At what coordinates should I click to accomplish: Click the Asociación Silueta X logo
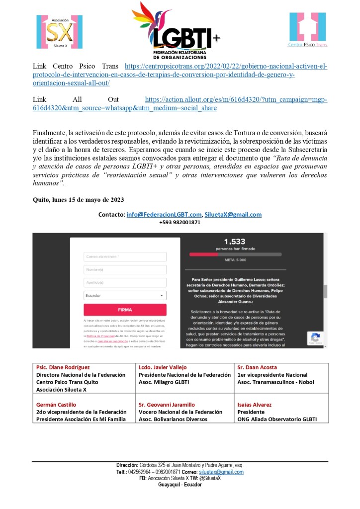click(59, 31)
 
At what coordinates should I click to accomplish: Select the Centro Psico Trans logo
click(308, 30)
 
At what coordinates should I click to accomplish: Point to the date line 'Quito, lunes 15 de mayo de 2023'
click(78, 199)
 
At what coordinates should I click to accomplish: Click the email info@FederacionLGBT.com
click(164, 215)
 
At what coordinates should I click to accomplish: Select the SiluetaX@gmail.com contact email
click(233, 215)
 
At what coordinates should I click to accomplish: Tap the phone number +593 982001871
click(180, 222)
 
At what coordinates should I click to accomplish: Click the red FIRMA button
click(125, 310)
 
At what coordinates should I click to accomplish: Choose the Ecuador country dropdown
click(125, 295)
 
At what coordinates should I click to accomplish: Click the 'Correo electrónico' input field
click(125, 257)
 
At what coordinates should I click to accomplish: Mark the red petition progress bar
click(204, 254)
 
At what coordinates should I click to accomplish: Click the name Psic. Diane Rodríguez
click(62, 367)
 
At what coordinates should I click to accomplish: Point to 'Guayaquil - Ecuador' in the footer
click(180, 485)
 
